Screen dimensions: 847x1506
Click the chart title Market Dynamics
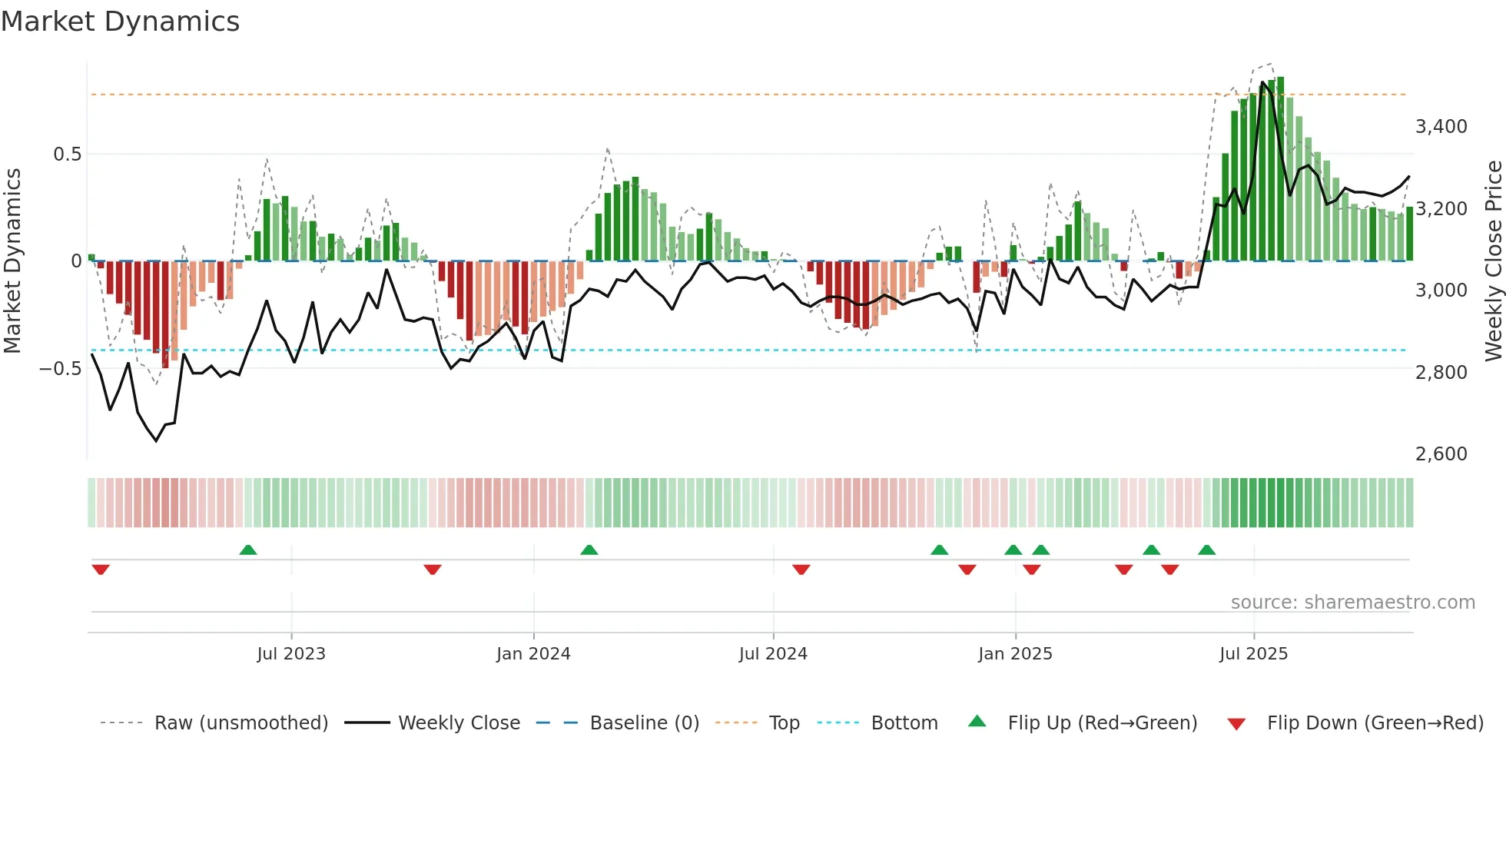point(120,22)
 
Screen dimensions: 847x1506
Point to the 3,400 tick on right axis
point(1441,127)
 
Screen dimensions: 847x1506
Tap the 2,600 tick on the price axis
point(1441,454)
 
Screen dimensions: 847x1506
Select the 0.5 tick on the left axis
point(67,154)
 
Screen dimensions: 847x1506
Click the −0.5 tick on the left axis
point(60,369)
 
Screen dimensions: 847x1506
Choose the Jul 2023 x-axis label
point(291,654)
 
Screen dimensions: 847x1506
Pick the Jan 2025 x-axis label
point(1015,654)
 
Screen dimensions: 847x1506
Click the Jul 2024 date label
point(773,654)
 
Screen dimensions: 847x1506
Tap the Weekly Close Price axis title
point(1493,260)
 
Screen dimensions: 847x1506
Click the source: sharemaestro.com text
point(1352,603)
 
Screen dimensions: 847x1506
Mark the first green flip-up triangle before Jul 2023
point(247,550)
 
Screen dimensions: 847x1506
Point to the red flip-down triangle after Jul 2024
point(801,570)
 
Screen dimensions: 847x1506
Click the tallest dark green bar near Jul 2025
point(1280,169)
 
